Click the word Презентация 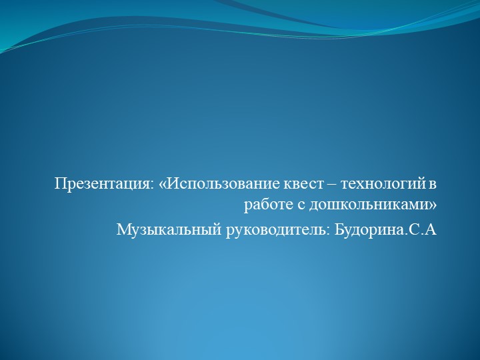click(x=103, y=183)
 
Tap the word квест click(x=293, y=183)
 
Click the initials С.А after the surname click(x=421, y=230)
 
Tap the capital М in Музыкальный click(x=123, y=230)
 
